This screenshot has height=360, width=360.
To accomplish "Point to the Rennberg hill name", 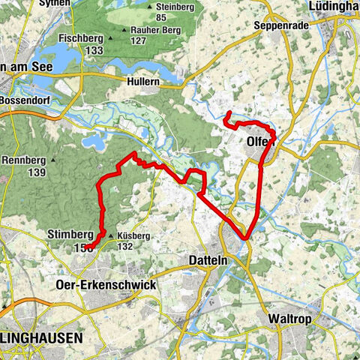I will pos(24,160).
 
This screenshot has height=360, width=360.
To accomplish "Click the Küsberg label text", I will pos(133,235).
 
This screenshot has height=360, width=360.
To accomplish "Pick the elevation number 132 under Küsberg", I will pos(124,247).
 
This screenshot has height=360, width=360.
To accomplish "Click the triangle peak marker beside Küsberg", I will pos(111,236).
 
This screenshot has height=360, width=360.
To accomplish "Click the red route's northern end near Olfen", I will pos(229,113).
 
